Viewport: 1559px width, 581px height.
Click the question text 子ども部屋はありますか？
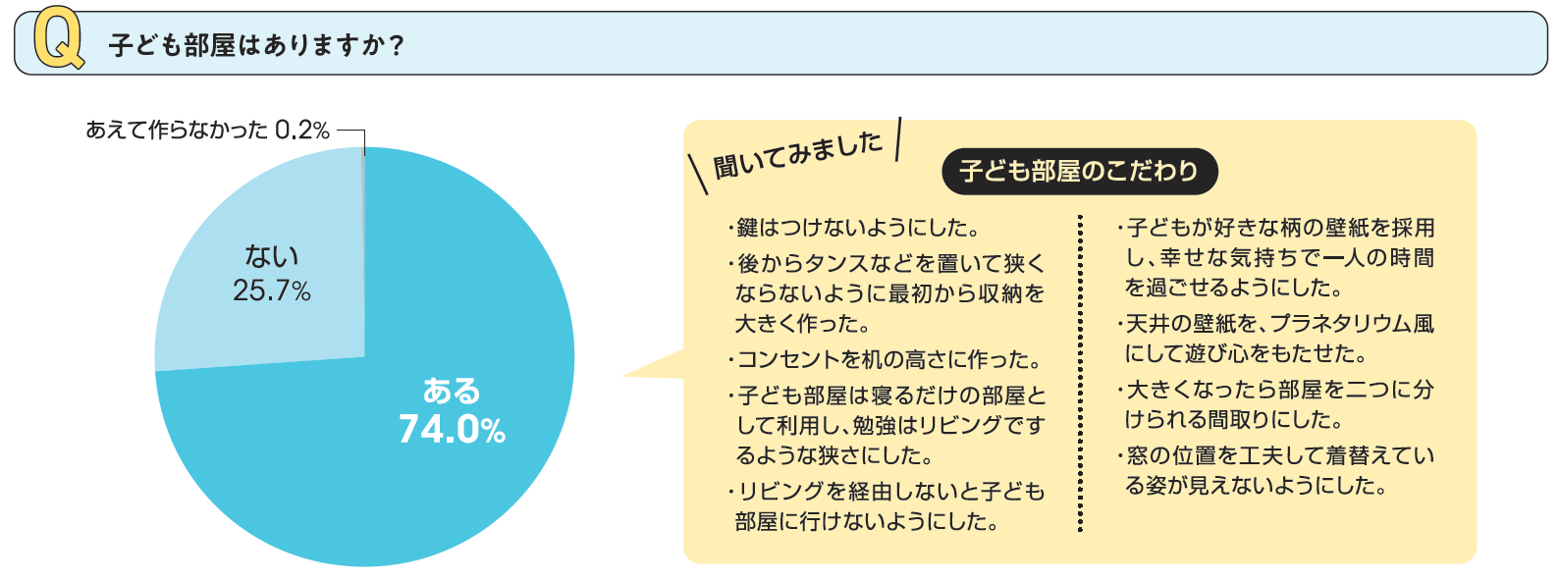coord(256,45)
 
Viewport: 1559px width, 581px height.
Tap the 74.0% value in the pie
coord(452,429)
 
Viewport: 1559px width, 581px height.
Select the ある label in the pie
coord(452,391)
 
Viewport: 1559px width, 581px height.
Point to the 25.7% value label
coord(271,290)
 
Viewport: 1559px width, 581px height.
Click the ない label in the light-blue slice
coord(271,256)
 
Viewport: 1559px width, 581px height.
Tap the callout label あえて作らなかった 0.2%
coord(207,130)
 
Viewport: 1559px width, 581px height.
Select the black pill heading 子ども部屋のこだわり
coord(1079,171)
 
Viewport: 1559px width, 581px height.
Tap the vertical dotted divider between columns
coord(1080,373)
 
